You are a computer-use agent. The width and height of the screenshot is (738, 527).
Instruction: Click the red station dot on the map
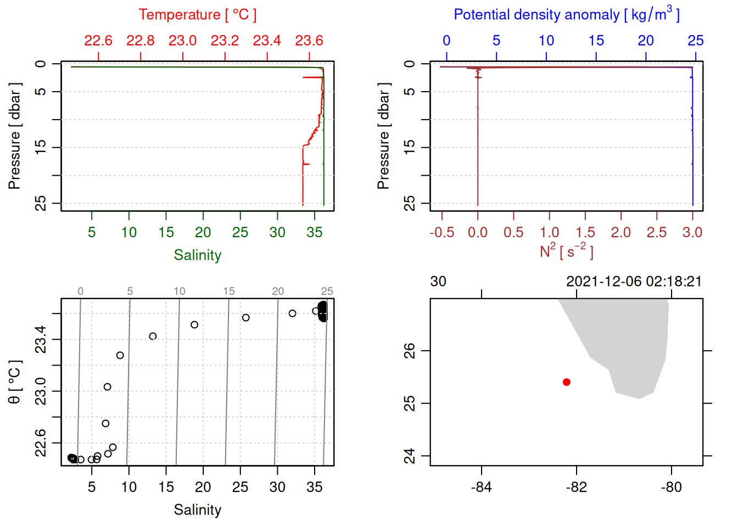click(x=566, y=382)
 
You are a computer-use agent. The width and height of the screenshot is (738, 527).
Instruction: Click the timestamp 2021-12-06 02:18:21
click(x=634, y=282)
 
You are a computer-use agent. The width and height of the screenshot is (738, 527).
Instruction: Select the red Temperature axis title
click(x=197, y=15)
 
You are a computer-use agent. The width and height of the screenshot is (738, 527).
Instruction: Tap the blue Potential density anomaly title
click(x=566, y=15)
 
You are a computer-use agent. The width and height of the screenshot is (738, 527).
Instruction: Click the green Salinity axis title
click(x=197, y=255)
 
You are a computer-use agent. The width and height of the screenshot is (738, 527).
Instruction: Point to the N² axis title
click(x=566, y=251)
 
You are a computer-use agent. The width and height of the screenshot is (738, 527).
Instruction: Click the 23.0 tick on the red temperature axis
click(x=182, y=41)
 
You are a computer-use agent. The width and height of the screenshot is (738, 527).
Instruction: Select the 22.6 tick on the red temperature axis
click(x=98, y=41)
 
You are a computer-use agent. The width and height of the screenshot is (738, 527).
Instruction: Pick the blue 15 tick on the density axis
click(x=596, y=41)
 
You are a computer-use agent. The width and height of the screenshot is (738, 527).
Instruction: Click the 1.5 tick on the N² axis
click(x=585, y=233)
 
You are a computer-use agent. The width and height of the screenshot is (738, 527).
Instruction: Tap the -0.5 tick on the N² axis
click(x=441, y=233)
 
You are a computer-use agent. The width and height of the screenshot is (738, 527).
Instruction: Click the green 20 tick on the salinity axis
click(x=203, y=233)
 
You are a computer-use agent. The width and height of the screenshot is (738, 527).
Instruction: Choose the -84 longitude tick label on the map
click(x=481, y=487)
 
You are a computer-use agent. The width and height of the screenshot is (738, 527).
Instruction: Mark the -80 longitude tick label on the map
click(x=671, y=487)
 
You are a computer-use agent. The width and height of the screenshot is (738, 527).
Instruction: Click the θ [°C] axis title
click(x=15, y=382)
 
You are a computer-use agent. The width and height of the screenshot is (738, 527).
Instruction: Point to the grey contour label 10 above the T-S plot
click(x=180, y=291)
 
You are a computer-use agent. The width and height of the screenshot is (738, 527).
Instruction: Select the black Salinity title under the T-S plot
click(x=197, y=510)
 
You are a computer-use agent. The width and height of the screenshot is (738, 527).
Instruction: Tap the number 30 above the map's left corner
click(x=438, y=282)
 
